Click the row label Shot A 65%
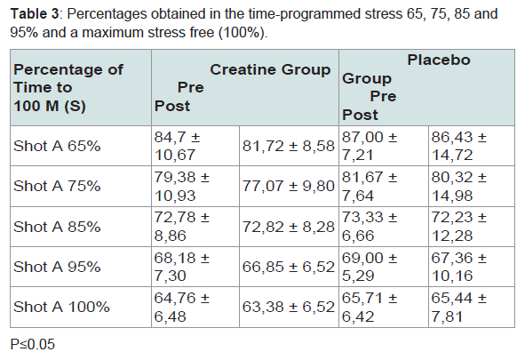(x=57, y=146)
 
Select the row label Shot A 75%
(x=57, y=186)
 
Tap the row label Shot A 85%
(x=57, y=227)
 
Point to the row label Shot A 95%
(x=57, y=267)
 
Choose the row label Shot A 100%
(x=61, y=307)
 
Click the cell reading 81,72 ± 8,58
(x=289, y=146)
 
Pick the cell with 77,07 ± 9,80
(x=289, y=186)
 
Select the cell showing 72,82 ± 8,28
(x=289, y=227)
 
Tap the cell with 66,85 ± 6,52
(x=289, y=267)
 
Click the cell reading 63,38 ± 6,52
(x=289, y=307)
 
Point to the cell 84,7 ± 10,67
(x=177, y=146)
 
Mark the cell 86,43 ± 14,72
(x=458, y=146)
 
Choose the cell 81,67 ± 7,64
(x=370, y=186)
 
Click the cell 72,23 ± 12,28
(x=458, y=227)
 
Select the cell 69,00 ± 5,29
(x=370, y=267)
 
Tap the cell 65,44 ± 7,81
(x=458, y=307)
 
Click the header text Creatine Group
(x=270, y=70)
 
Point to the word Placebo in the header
(x=439, y=60)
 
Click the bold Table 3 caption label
(x=35, y=14)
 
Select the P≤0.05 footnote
(x=33, y=345)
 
